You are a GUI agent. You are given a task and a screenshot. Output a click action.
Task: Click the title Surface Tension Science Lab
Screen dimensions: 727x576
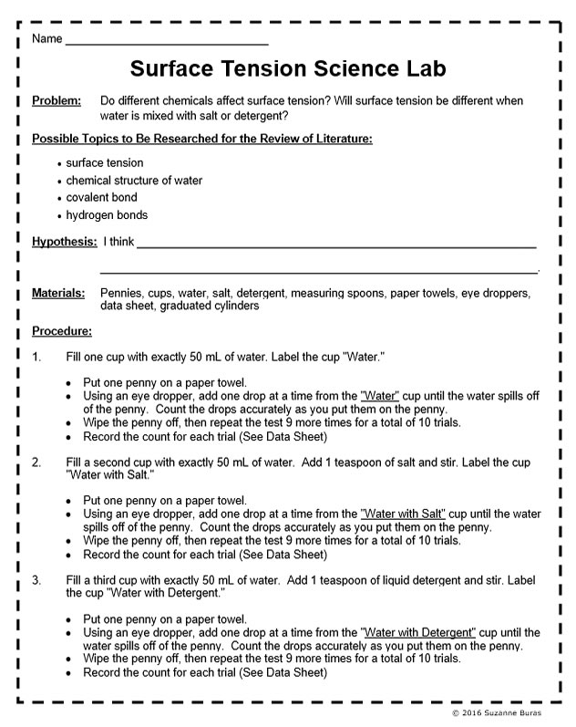288,69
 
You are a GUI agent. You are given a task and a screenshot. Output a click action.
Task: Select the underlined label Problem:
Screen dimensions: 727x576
57,101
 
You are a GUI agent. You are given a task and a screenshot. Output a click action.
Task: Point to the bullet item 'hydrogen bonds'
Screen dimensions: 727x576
107,215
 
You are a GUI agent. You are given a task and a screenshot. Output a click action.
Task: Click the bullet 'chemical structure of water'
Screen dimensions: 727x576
134,181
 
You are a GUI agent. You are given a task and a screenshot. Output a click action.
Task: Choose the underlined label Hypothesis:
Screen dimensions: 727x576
64,242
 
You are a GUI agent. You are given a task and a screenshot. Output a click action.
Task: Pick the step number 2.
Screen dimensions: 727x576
36,462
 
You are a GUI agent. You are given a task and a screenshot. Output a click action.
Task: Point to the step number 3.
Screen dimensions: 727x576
36,580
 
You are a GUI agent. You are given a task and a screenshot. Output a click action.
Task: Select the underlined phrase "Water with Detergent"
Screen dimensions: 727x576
418,632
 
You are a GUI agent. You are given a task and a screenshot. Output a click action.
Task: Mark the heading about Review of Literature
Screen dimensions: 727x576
201,139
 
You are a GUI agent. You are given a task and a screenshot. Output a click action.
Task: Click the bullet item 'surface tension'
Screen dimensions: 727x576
105,163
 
